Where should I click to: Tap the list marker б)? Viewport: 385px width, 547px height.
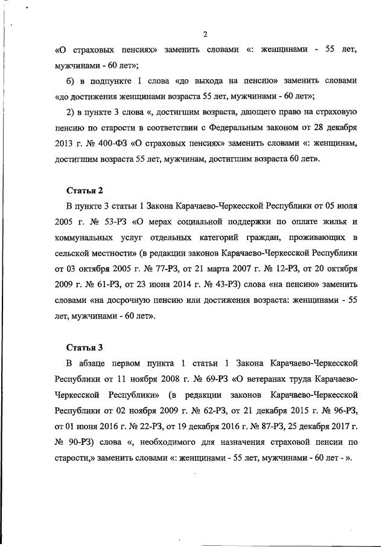(71, 80)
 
